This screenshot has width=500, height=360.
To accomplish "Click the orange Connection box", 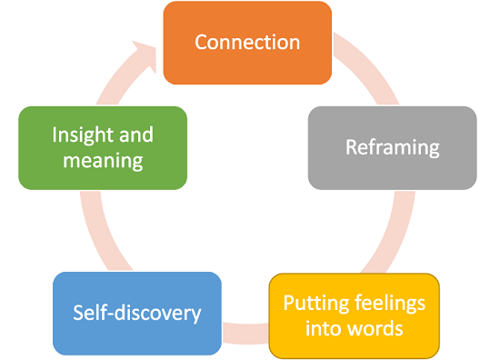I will coord(246,43).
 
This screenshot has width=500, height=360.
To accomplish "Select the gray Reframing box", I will coord(392,147).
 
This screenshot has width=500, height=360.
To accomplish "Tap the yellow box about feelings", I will coord(354,315).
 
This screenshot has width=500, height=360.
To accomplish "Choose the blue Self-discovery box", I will coord(136,314).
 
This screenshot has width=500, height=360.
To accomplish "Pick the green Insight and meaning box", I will coord(103,147).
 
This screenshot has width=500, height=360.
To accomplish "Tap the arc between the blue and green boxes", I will coord(95,231).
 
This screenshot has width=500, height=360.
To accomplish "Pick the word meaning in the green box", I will coord(103,161).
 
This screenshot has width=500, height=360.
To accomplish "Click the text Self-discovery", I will coord(136,314).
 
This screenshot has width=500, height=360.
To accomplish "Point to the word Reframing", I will coord(392,147).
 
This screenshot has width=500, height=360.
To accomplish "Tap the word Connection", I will coord(246,43).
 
